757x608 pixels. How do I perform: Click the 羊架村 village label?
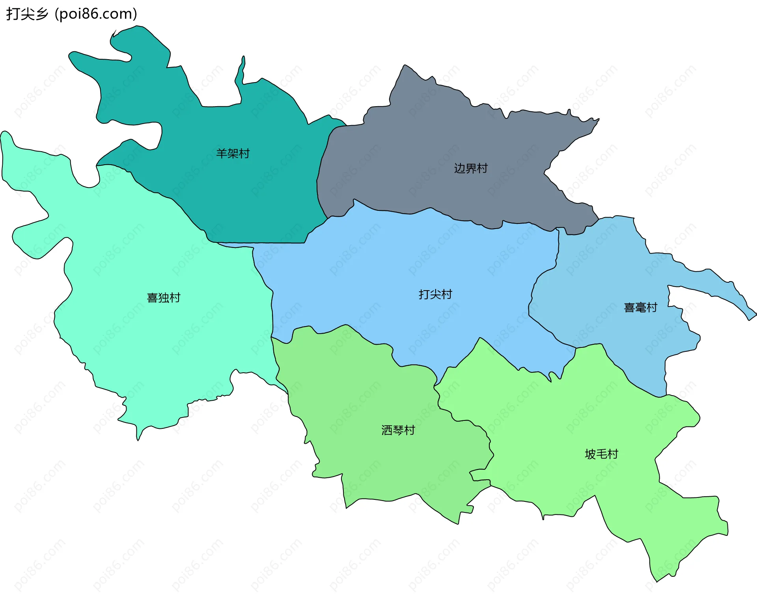[233, 153]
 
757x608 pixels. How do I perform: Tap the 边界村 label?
[471, 168]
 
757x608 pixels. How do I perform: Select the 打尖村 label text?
[435, 294]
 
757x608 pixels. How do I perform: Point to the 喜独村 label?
[164, 297]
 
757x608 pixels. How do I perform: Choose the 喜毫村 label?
[640, 307]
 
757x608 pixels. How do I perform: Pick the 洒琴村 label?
[398, 430]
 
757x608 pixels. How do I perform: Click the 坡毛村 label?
[601, 454]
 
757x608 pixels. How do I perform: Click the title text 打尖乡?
[27, 14]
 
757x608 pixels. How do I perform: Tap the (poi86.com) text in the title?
[96, 14]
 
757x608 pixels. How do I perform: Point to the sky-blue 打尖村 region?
[394, 268]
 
